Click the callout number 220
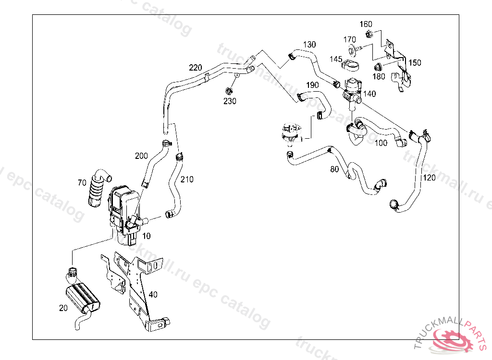[195, 68]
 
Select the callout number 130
[309, 45]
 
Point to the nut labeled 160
[369, 34]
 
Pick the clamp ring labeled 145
[351, 65]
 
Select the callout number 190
[312, 85]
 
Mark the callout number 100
[381, 143]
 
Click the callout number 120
[429, 178]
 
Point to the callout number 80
[334, 169]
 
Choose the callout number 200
[141, 156]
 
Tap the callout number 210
[187, 180]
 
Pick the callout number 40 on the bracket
[153, 294]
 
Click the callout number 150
[415, 63]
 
